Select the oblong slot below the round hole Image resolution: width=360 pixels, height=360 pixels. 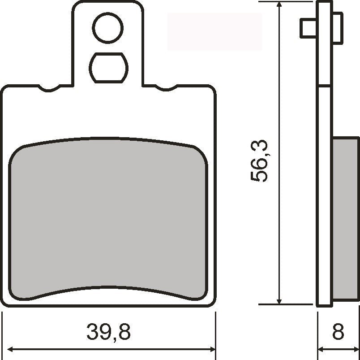[108, 68]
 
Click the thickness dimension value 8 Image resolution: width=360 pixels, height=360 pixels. [338, 333]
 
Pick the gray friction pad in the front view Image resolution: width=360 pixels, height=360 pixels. [108, 220]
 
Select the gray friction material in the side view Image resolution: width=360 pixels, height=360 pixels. [345, 220]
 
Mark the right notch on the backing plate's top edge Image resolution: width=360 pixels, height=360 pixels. [167, 88]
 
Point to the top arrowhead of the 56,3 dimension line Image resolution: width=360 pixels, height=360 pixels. [279, 5]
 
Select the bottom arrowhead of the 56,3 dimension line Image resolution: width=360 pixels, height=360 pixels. [279, 300]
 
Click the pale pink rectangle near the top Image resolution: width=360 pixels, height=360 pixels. [214, 31]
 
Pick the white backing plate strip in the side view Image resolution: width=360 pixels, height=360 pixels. [325, 179]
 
